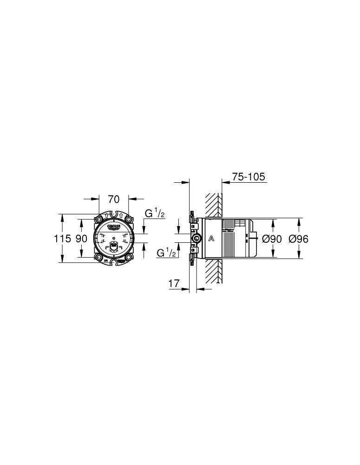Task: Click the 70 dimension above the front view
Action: [x=114, y=199]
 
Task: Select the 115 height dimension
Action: [x=62, y=239]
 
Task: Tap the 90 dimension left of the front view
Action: [x=81, y=239]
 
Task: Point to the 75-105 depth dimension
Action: [x=248, y=177]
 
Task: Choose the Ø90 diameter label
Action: [x=272, y=239]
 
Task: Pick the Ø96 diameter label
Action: [x=299, y=239]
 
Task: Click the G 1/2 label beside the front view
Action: [x=155, y=213]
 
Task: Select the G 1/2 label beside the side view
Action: [x=166, y=252]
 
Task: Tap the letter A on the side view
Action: [x=211, y=239]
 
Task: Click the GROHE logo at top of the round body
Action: [x=114, y=226]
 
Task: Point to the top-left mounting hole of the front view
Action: [x=99, y=219]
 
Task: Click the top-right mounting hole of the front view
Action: [x=129, y=219]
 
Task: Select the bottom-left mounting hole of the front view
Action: [x=99, y=258]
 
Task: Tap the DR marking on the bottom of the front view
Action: [x=106, y=261]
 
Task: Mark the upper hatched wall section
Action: [x=214, y=205]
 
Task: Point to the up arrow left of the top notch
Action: [x=106, y=215]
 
